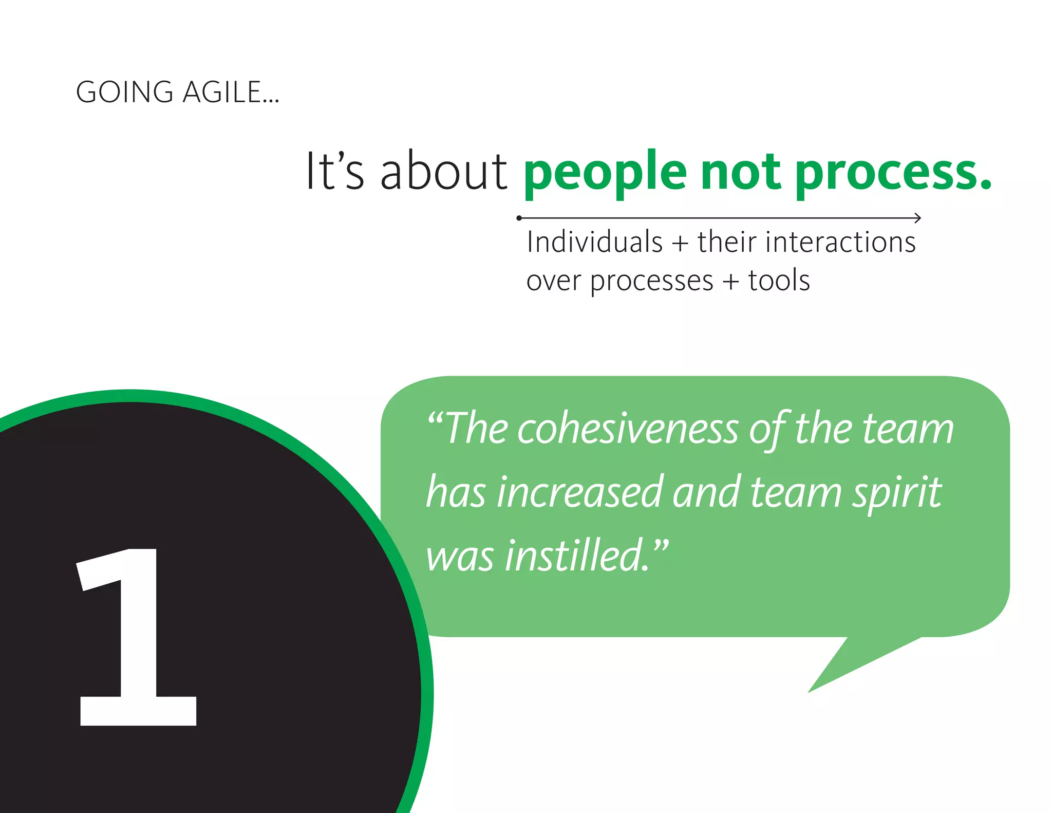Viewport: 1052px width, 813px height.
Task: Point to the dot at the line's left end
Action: [x=519, y=218]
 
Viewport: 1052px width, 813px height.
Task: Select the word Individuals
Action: [x=594, y=242]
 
